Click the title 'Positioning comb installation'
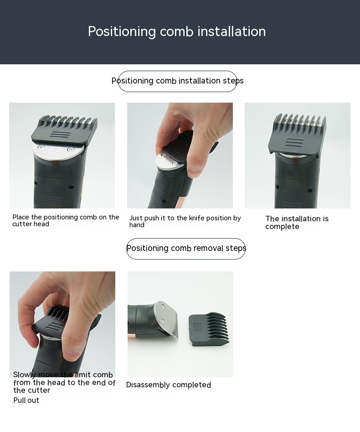tap(177, 31)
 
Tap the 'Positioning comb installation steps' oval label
tap(178, 81)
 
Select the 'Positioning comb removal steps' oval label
tap(186, 249)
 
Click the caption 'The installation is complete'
tap(297, 223)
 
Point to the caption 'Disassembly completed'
tap(169, 385)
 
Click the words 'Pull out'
tap(26, 401)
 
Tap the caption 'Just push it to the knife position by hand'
tap(185, 222)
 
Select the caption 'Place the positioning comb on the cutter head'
tap(66, 220)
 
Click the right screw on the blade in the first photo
tap(71, 150)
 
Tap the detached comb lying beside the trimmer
tap(209, 329)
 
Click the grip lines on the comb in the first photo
tap(61, 135)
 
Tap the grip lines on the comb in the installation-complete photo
tap(295, 143)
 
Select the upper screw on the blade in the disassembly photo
tap(163, 306)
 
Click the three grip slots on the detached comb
tap(198, 327)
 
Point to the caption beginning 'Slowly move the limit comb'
tap(64, 382)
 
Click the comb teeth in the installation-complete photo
tap(300, 121)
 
